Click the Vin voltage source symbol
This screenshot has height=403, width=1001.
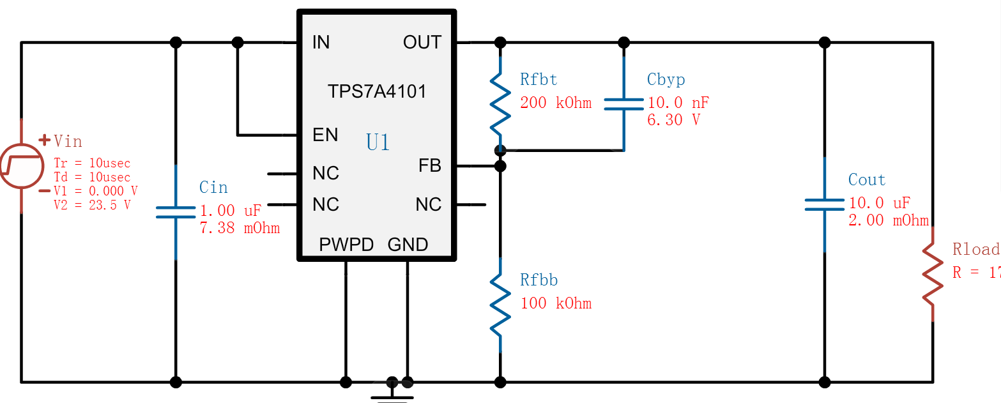21,166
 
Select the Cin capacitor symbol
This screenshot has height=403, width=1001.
176,213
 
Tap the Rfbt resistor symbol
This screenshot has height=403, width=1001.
500,102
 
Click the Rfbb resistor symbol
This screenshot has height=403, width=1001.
500,303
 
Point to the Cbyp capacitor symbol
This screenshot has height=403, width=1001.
623,103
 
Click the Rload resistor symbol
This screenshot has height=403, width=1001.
932,275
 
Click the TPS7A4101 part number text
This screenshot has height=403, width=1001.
377,91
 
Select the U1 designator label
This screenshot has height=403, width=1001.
378,142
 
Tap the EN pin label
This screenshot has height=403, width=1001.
325,135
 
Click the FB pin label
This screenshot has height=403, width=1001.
430,166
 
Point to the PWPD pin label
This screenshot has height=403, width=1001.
346,245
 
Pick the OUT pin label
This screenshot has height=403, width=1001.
422,43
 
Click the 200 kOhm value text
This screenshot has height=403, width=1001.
556,103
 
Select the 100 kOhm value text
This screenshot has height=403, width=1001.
556,303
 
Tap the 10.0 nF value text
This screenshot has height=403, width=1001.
678,103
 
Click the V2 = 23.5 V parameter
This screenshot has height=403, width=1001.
92,205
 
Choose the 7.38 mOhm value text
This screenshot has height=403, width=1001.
240,228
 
